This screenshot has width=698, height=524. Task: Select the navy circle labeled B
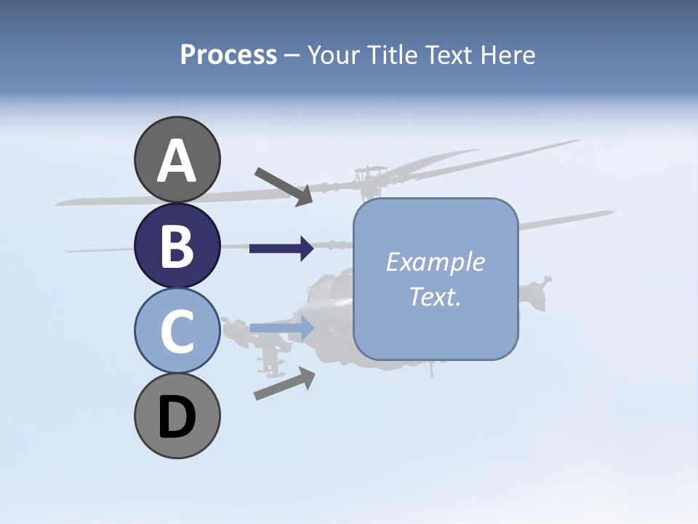click(x=177, y=245)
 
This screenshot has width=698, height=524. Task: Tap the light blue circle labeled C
click(x=177, y=331)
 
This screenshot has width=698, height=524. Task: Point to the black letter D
click(x=177, y=418)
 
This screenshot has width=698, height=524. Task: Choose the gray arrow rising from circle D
click(x=284, y=384)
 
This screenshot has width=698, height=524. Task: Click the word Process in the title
click(x=228, y=55)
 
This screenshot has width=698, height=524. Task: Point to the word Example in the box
click(x=435, y=262)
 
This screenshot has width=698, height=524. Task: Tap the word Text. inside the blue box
click(x=435, y=296)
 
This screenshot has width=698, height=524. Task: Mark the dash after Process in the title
click(x=292, y=55)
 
